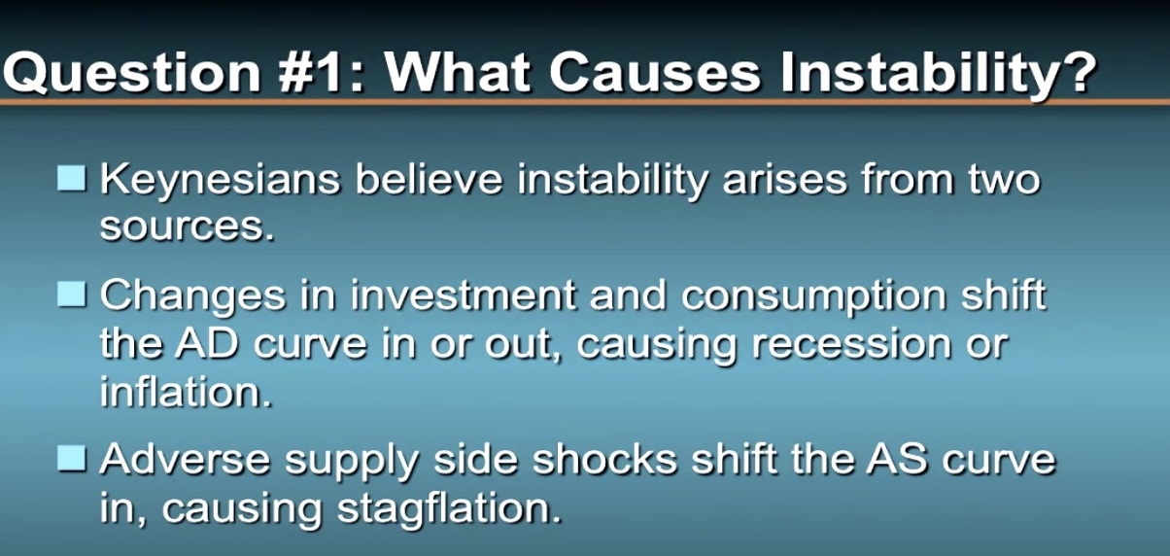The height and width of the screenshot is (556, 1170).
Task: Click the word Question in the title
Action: click(131, 73)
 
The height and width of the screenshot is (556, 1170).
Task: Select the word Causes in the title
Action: click(655, 72)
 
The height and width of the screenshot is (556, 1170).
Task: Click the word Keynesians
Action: click(220, 181)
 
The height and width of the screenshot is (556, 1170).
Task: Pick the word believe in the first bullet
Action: click(429, 179)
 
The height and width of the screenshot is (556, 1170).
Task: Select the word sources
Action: click(187, 227)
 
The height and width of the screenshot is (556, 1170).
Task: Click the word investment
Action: click(464, 295)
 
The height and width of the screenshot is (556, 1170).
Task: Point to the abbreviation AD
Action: click(207, 344)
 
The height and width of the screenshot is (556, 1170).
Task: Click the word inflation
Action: click(186, 391)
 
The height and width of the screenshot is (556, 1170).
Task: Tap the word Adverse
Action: click(185, 460)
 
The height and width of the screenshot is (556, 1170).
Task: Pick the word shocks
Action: click(604, 459)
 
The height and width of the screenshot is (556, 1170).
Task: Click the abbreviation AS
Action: click(897, 459)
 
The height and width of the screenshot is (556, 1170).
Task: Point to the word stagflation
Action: click(449, 509)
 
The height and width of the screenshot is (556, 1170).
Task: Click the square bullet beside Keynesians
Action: click(72, 178)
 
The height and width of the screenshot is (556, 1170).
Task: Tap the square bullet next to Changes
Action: click(72, 295)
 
